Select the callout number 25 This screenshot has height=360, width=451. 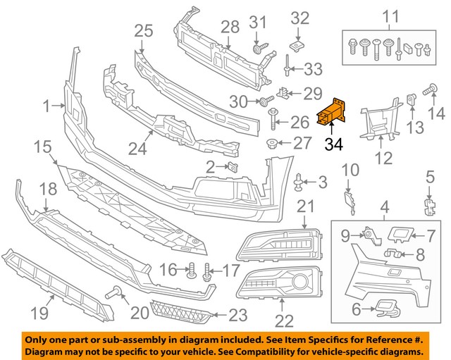[144, 30]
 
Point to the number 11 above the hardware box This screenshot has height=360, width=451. [389, 15]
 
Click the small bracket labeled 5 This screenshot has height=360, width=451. [427, 204]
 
